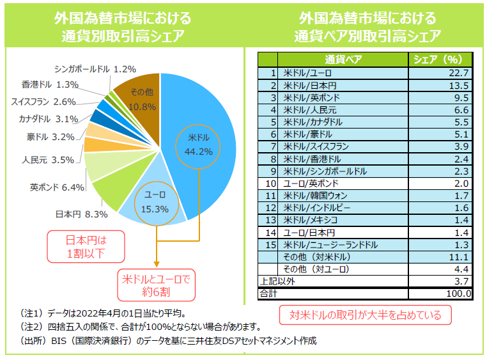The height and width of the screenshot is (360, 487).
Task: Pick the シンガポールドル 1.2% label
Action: click(x=95, y=68)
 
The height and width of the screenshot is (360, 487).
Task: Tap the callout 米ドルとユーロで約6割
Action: click(x=156, y=286)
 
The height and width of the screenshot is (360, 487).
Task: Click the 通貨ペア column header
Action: click(x=343, y=59)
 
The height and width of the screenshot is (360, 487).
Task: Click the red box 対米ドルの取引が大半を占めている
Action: click(x=364, y=315)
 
